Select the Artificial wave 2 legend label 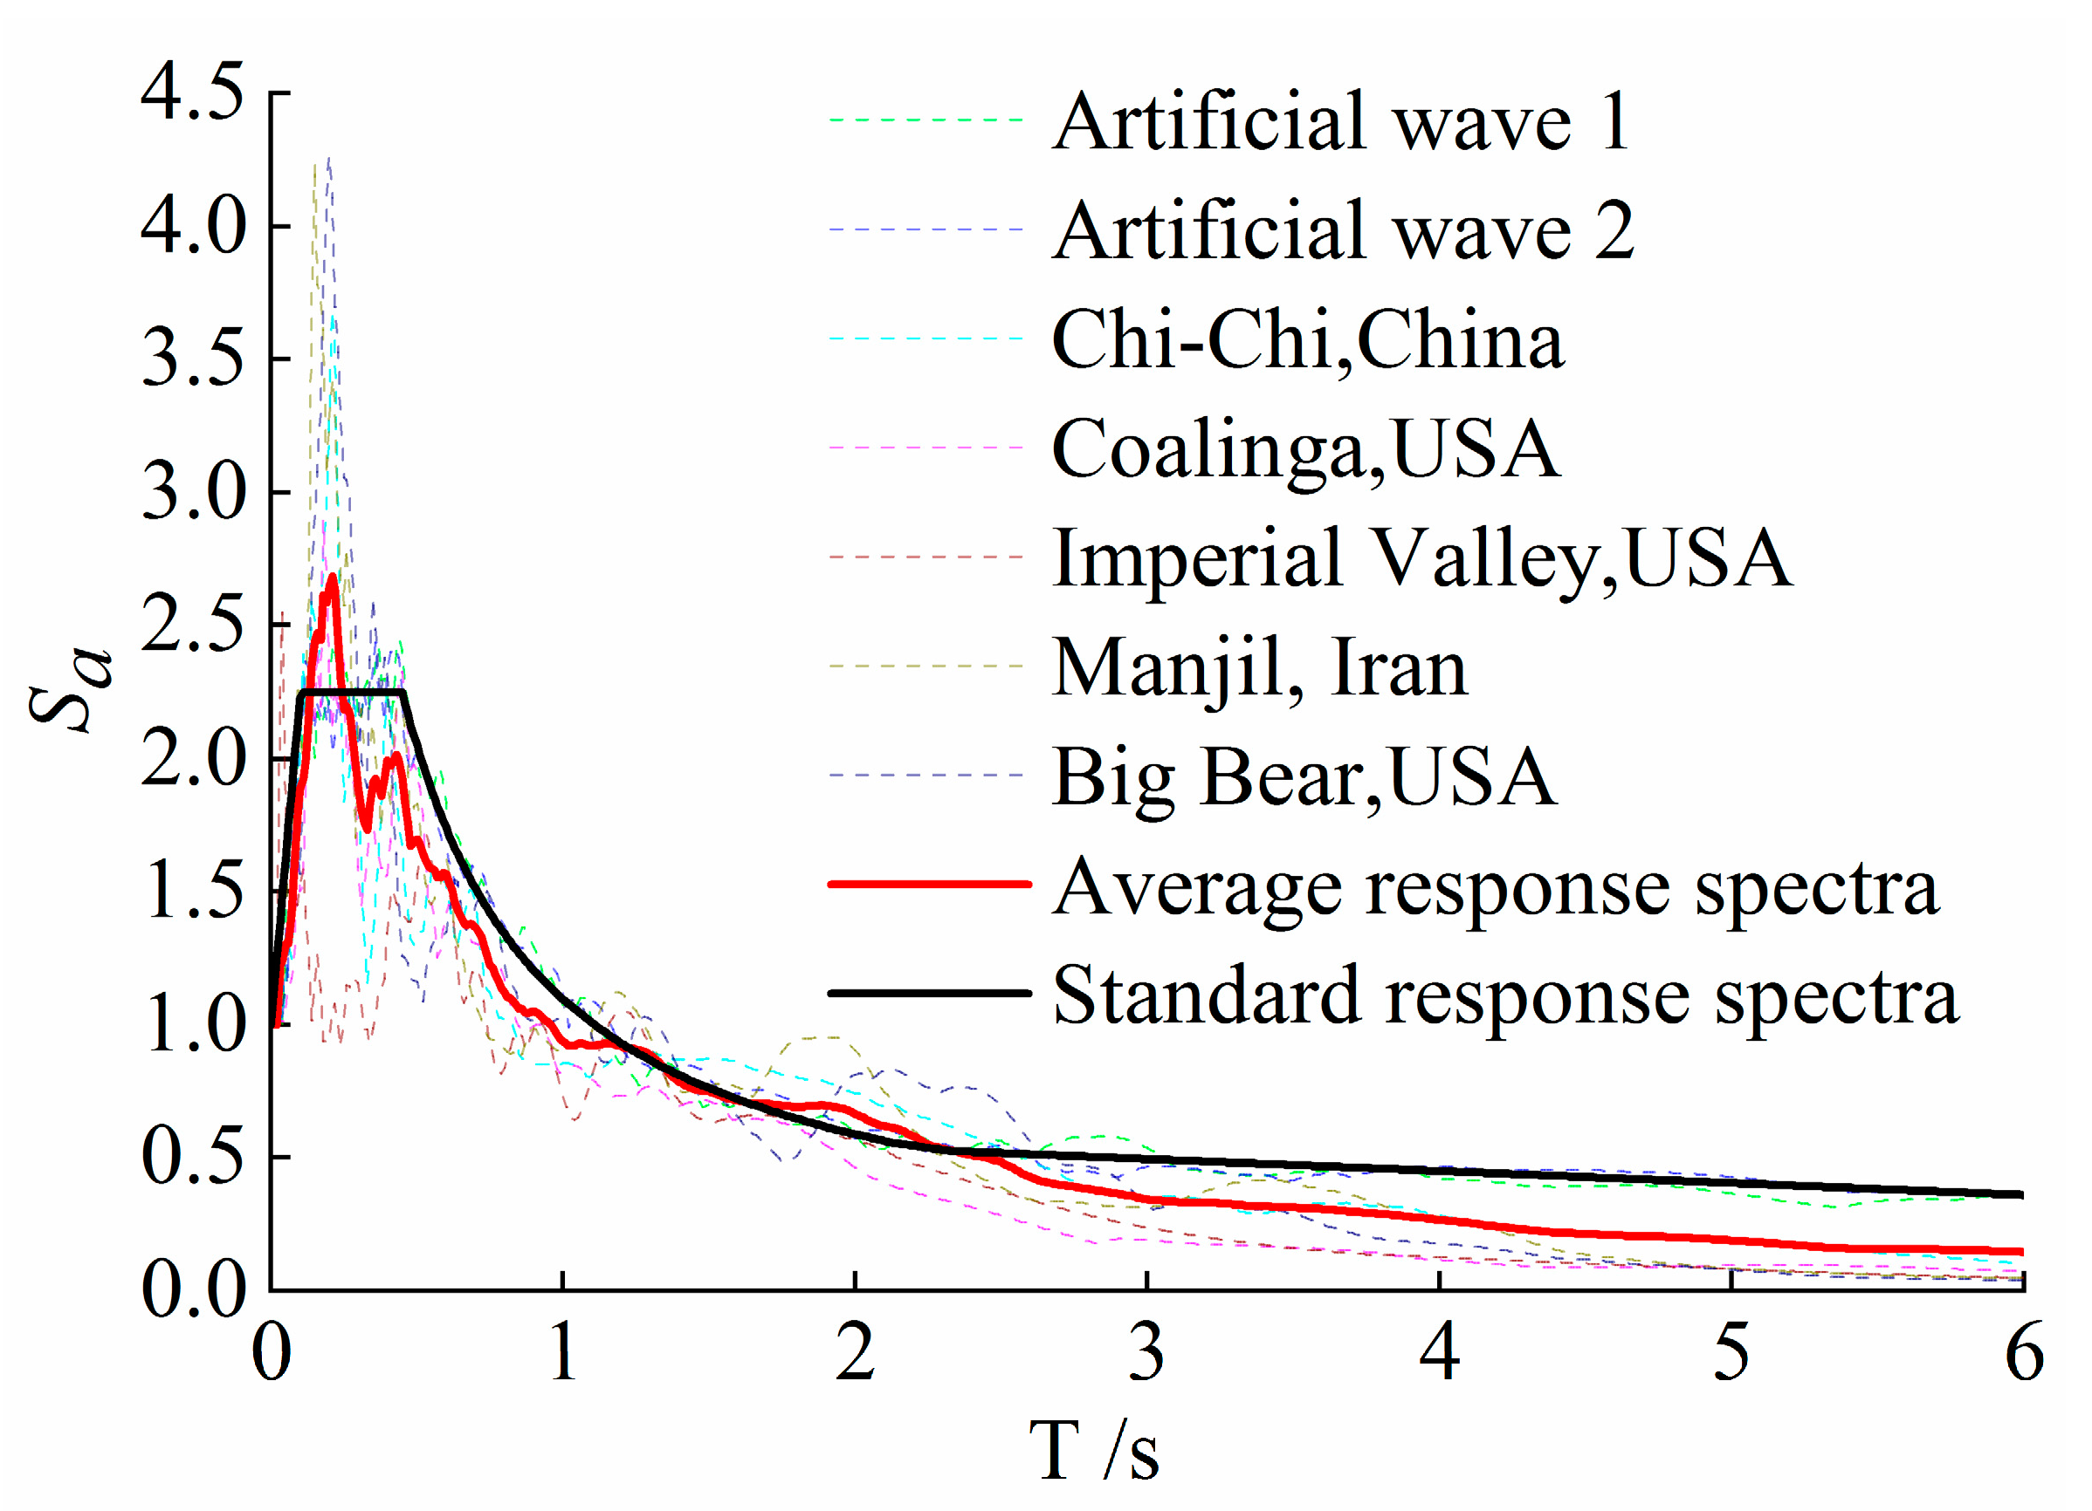tap(1342, 230)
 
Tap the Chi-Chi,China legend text tap(1307, 339)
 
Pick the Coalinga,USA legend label tap(1305, 449)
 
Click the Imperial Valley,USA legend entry tap(1421, 557)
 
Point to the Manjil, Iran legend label tap(1259, 667)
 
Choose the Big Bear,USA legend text tap(1304, 777)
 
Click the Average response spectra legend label tap(1494, 887)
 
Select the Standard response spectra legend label tap(1504, 995)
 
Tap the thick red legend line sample tap(929, 884)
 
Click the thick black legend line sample tap(929, 993)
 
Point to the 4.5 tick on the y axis tap(193, 93)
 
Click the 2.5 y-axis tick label tap(193, 625)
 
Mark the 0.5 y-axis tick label tap(193, 1157)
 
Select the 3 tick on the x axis tap(1146, 1353)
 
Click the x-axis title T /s tap(1094, 1450)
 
